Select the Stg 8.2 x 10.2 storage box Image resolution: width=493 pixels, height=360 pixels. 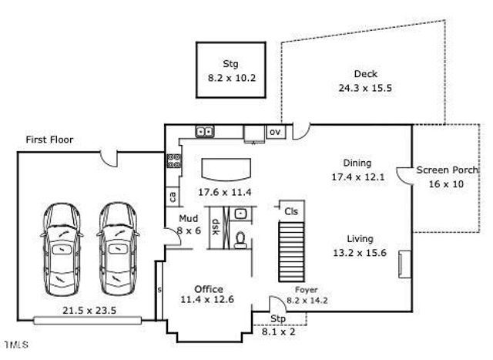tap(231, 70)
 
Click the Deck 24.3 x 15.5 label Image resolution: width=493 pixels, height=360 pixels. tap(365, 81)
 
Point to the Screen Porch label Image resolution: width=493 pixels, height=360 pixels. tap(444, 177)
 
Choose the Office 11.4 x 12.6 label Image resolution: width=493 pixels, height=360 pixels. tap(208, 294)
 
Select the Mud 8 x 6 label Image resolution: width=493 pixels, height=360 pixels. tap(189, 224)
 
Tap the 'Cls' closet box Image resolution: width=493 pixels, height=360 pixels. tap(291, 210)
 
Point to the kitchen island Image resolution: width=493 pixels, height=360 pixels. tap(226, 167)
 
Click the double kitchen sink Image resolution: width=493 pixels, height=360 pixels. tap(204, 132)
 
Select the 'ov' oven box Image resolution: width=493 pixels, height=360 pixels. tap(274, 132)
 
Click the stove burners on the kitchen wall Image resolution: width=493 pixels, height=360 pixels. tap(174, 162)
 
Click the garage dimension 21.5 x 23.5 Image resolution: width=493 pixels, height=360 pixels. tap(88, 311)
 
